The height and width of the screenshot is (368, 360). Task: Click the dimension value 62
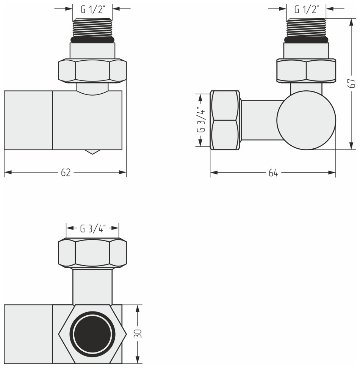[66, 173]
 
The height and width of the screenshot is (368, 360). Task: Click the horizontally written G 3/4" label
[93, 229]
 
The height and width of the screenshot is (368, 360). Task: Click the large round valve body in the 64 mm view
[306, 120]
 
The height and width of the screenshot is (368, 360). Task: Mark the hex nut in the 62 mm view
[92, 71]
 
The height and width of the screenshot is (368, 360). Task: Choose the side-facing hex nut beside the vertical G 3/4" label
[225, 120]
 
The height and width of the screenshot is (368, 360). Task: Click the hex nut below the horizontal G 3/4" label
[92, 253]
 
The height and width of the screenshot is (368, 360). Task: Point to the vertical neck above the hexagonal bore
[92, 286]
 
